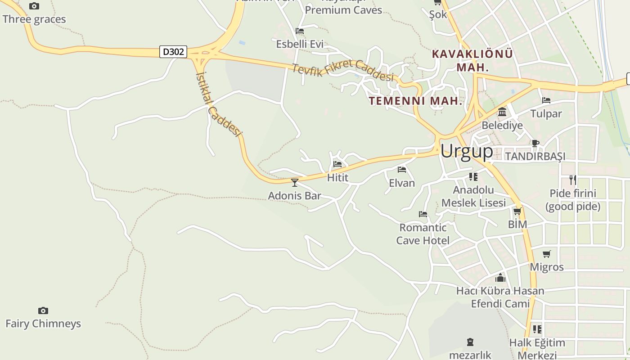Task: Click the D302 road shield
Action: click(173, 52)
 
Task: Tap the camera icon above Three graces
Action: click(34, 6)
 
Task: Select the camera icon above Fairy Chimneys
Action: click(43, 310)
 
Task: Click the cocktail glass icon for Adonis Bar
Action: click(295, 182)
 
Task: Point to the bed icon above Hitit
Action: click(337, 164)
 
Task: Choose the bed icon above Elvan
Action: click(402, 170)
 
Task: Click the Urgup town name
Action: click(467, 151)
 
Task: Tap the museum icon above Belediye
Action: click(502, 112)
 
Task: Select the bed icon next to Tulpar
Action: click(546, 100)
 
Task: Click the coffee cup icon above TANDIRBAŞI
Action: click(535, 144)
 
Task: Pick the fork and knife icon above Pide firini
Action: click(572, 180)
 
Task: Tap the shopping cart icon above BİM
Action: click(517, 211)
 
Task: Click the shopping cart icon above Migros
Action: click(547, 254)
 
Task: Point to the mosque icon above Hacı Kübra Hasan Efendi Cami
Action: click(500, 278)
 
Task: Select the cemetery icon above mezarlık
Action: click(470, 342)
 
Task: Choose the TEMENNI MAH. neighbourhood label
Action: click(416, 101)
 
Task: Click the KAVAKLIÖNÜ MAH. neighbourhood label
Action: click(472, 60)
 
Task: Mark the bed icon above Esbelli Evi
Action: click(300, 31)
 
